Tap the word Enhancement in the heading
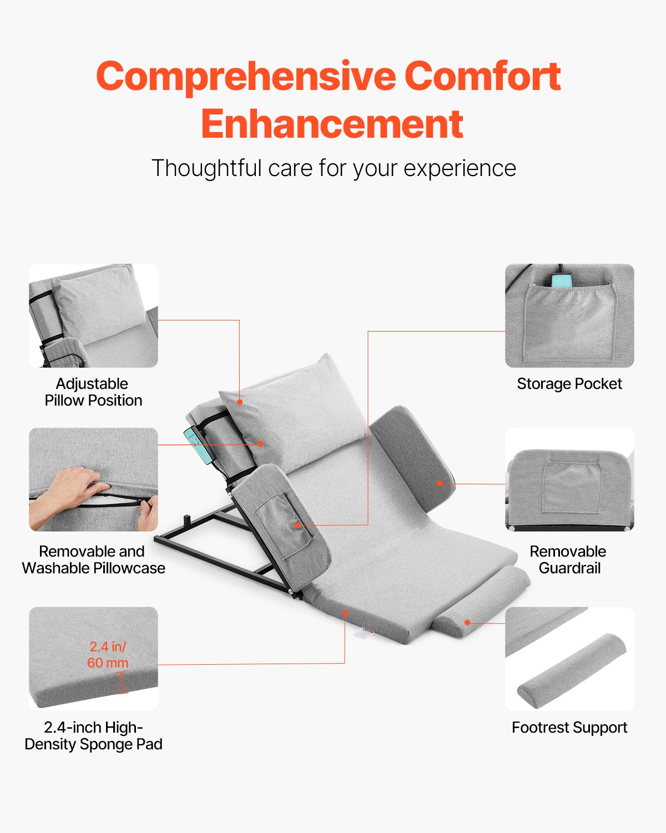332,124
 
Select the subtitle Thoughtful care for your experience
334,168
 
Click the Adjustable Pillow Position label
93,392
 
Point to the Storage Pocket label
569,384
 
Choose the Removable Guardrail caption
568,560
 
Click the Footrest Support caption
569,727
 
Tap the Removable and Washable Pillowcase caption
93,560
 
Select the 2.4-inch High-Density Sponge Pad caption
93,736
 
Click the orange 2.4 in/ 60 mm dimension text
108,655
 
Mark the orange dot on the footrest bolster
468,623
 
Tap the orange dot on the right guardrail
440,483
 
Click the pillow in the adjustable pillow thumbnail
97,303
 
